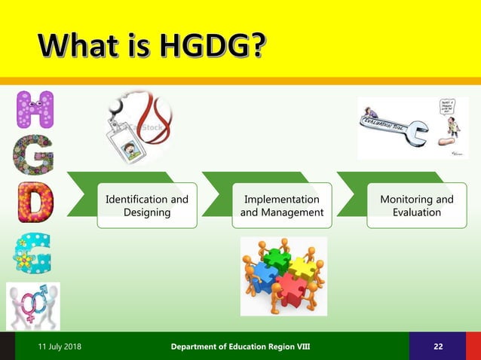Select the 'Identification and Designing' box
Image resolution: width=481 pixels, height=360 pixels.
point(147,206)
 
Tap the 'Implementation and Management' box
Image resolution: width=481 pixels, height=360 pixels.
point(281,206)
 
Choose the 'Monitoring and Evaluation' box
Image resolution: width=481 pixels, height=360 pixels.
point(416,206)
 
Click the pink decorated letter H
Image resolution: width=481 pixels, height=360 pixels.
point(35,110)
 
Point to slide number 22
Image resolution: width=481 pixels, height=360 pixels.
point(438,346)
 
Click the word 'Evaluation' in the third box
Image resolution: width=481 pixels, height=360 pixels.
point(416,212)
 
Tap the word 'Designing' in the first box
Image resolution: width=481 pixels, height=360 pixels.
point(147,212)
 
